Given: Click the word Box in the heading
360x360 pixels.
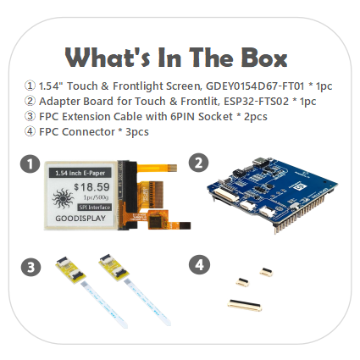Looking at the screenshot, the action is [x=264, y=58].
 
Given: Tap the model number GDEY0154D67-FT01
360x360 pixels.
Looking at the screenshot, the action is [x=255, y=86].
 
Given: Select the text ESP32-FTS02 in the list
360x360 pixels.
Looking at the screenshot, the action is [x=256, y=101].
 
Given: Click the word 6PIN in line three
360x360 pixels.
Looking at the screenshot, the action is [x=183, y=116].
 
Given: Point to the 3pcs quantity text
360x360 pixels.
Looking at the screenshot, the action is [x=137, y=132].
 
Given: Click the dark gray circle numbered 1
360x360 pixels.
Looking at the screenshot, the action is [x=30, y=163].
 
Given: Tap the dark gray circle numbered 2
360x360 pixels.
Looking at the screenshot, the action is [x=198, y=163].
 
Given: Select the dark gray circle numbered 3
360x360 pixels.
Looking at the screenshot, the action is [x=30, y=267].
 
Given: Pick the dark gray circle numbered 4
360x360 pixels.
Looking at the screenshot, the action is [x=199, y=265].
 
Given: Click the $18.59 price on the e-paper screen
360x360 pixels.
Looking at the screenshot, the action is [x=91, y=187].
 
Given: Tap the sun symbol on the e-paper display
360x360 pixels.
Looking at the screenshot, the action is [x=63, y=199].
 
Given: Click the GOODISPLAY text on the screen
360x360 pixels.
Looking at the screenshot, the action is [x=80, y=219].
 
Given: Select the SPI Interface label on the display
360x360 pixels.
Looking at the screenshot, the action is [x=95, y=208].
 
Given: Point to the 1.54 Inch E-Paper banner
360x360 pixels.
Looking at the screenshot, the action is [x=80, y=173].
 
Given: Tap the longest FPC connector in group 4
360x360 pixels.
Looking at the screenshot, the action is [x=245, y=305].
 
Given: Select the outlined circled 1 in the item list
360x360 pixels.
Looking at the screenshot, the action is [x=30, y=86].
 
